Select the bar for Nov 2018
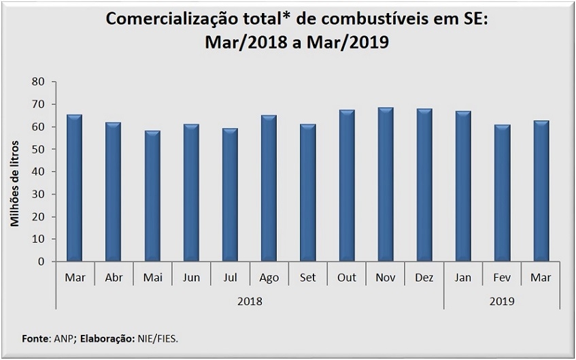[386, 184]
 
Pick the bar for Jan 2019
[463, 186]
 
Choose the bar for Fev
[502, 193]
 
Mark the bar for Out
[347, 186]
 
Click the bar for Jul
[230, 195]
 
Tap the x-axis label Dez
[424, 278]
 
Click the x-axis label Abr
[114, 278]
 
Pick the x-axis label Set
[307, 278]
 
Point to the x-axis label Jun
[191, 278]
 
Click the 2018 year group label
[250, 301]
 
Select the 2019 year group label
[501, 301]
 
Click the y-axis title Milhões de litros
[14, 184]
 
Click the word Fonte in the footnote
[35, 338]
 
